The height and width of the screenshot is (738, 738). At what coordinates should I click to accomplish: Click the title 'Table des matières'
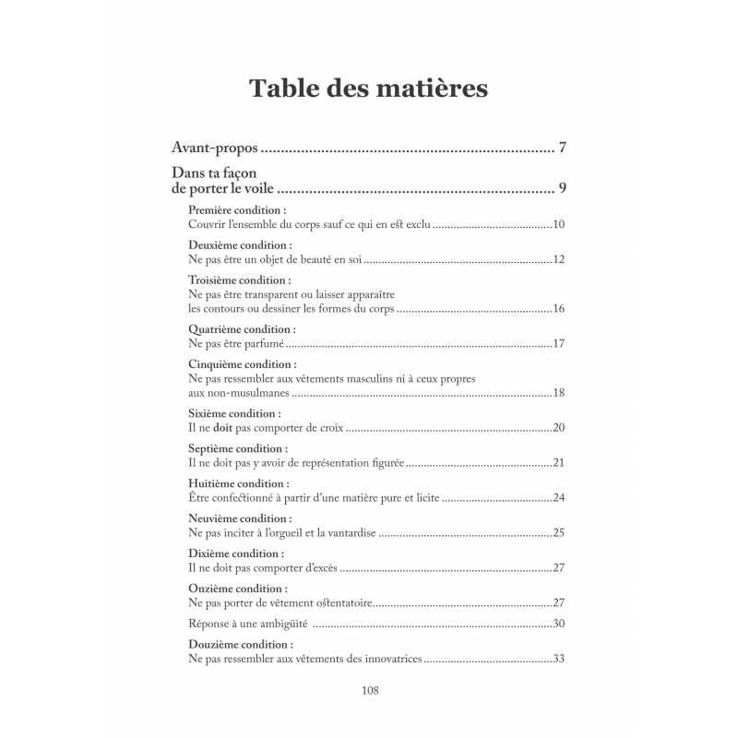coord(368,89)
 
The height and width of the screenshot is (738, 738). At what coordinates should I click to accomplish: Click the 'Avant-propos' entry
coord(215,148)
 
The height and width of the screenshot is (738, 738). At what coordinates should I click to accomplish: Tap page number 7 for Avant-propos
coord(563,148)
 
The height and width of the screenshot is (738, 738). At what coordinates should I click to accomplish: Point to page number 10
coord(558,224)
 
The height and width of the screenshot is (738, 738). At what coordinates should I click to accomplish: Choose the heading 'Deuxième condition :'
coord(240,245)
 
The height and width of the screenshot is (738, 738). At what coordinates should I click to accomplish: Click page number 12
coord(558,259)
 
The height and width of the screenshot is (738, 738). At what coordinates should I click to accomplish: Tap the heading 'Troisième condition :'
coord(239,280)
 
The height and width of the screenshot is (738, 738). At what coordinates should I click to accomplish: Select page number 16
coord(558,308)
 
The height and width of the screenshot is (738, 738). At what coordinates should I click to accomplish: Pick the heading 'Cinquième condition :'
coord(242,363)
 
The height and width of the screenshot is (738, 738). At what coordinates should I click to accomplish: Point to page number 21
coord(558,462)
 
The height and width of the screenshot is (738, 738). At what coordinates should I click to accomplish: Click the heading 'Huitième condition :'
coord(238,483)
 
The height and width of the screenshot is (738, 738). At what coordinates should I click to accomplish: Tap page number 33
coord(558,659)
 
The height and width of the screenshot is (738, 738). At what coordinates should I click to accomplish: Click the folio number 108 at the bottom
coord(369,691)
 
